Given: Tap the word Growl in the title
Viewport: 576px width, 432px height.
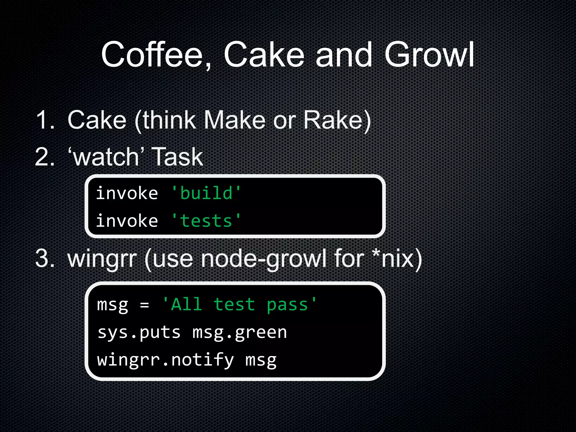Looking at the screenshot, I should pos(429,55).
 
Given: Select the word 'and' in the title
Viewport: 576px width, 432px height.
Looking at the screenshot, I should pos(344,55).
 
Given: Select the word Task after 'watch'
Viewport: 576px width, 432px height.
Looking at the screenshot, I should pos(177,157).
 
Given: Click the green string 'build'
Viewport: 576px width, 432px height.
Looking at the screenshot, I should pos(206,193).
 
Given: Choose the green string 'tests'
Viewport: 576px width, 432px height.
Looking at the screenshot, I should pos(206,221).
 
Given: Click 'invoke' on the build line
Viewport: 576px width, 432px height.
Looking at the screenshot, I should pos(127,193).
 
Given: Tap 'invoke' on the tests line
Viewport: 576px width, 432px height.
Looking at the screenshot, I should pos(127,221).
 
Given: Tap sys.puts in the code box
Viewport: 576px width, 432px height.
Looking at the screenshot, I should pos(139,333).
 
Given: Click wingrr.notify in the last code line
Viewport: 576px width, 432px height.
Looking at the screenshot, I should pos(165,360).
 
